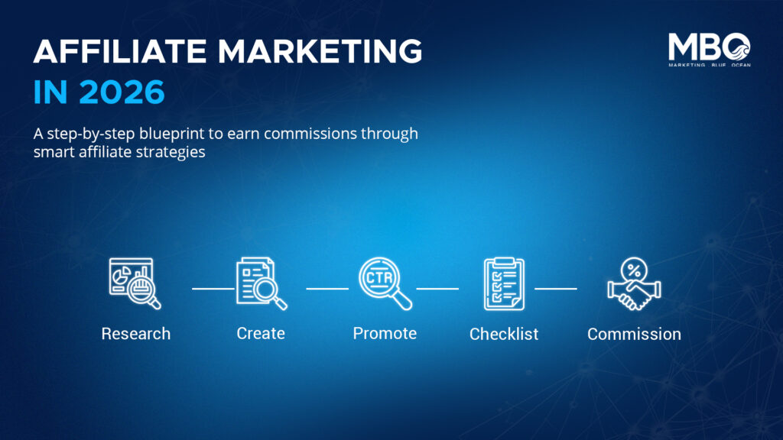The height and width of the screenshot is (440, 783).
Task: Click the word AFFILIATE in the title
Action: click(120, 51)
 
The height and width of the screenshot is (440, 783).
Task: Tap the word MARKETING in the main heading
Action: click(320, 51)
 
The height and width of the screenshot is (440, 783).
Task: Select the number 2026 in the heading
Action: click(122, 92)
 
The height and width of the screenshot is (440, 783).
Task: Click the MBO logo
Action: click(710, 50)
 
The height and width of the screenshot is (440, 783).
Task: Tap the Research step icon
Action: click(135, 283)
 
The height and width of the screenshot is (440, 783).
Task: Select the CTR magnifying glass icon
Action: click(385, 283)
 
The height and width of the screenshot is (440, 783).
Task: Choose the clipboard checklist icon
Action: click(504, 283)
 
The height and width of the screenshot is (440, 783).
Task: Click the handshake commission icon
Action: click(634, 283)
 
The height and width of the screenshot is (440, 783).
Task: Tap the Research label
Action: click(136, 333)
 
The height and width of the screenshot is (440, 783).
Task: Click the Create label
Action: click(261, 333)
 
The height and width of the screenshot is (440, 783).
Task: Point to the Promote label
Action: click(385, 333)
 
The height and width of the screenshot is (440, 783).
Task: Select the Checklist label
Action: click(504, 334)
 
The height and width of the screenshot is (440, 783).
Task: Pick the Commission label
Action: click(634, 334)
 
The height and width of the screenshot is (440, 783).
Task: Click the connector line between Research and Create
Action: click(213, 288)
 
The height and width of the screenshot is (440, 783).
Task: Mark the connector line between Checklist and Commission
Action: click(556, 288)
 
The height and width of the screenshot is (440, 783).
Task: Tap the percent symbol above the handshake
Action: click(634, 271)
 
